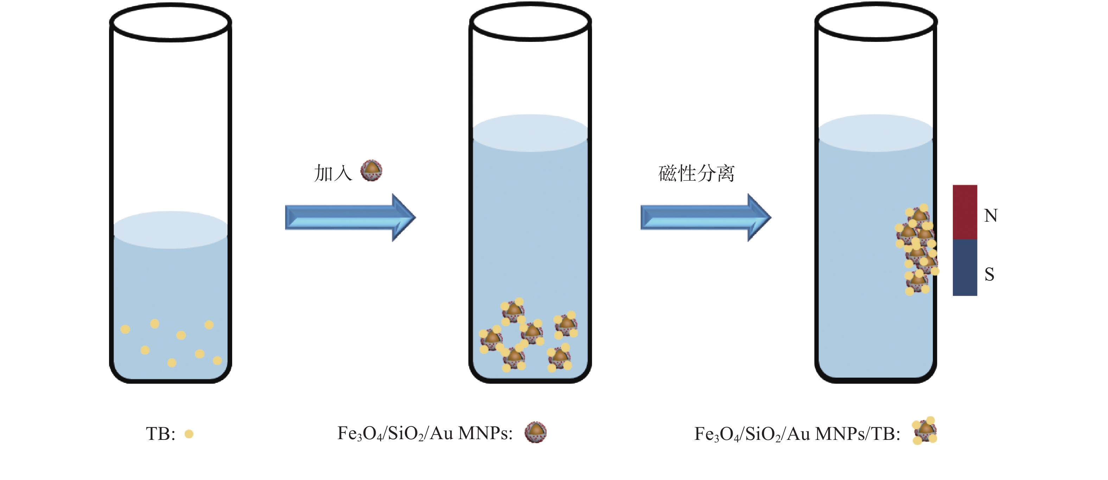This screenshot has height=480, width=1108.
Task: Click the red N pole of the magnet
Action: [x=965, y=212]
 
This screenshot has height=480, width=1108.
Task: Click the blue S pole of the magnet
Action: [x=965, y=267]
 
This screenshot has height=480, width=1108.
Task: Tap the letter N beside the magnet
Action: [x=991, y=216]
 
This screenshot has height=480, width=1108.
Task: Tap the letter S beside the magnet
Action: [x=989, y=274]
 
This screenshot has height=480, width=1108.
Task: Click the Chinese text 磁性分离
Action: [x=696, y=173]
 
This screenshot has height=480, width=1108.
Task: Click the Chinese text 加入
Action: [x=333, y=173]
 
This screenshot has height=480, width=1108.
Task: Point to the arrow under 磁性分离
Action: [x=706, y=217]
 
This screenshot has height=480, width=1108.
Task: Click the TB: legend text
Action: [x=161, y=434]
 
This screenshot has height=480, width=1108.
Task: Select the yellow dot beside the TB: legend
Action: [x=189, y=434]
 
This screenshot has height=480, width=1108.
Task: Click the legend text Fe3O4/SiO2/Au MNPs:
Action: [x=425, y=434]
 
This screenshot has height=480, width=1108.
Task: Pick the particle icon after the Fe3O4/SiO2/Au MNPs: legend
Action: [x=535, y=432]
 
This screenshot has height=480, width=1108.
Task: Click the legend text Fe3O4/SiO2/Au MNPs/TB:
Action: [x=797, y=434]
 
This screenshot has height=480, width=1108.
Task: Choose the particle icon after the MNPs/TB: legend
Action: [x=925, y=430]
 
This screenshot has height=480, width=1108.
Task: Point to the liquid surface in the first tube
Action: [x=171, y=230]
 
